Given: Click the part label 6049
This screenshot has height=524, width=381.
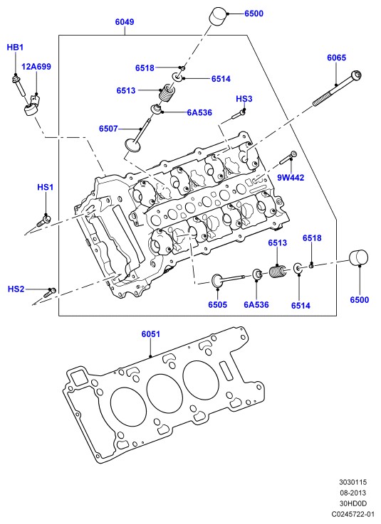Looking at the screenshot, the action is pos(125,22).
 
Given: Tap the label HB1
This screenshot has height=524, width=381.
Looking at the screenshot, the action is pos(15,48).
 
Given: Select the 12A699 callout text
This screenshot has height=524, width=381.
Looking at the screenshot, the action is pos(36,67).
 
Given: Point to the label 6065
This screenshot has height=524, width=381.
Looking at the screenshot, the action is pos(336,58).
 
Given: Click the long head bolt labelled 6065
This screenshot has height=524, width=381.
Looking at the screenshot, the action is pos(337,88).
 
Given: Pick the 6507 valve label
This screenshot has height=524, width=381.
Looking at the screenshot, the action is pos(108,129).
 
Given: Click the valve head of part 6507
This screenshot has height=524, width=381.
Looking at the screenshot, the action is pos(133,146).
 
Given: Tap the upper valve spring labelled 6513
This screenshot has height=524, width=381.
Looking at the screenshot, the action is pos(167,94).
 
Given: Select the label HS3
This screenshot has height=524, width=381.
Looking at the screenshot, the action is pos(244,99).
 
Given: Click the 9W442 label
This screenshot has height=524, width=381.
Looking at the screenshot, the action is pos(291,178).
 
